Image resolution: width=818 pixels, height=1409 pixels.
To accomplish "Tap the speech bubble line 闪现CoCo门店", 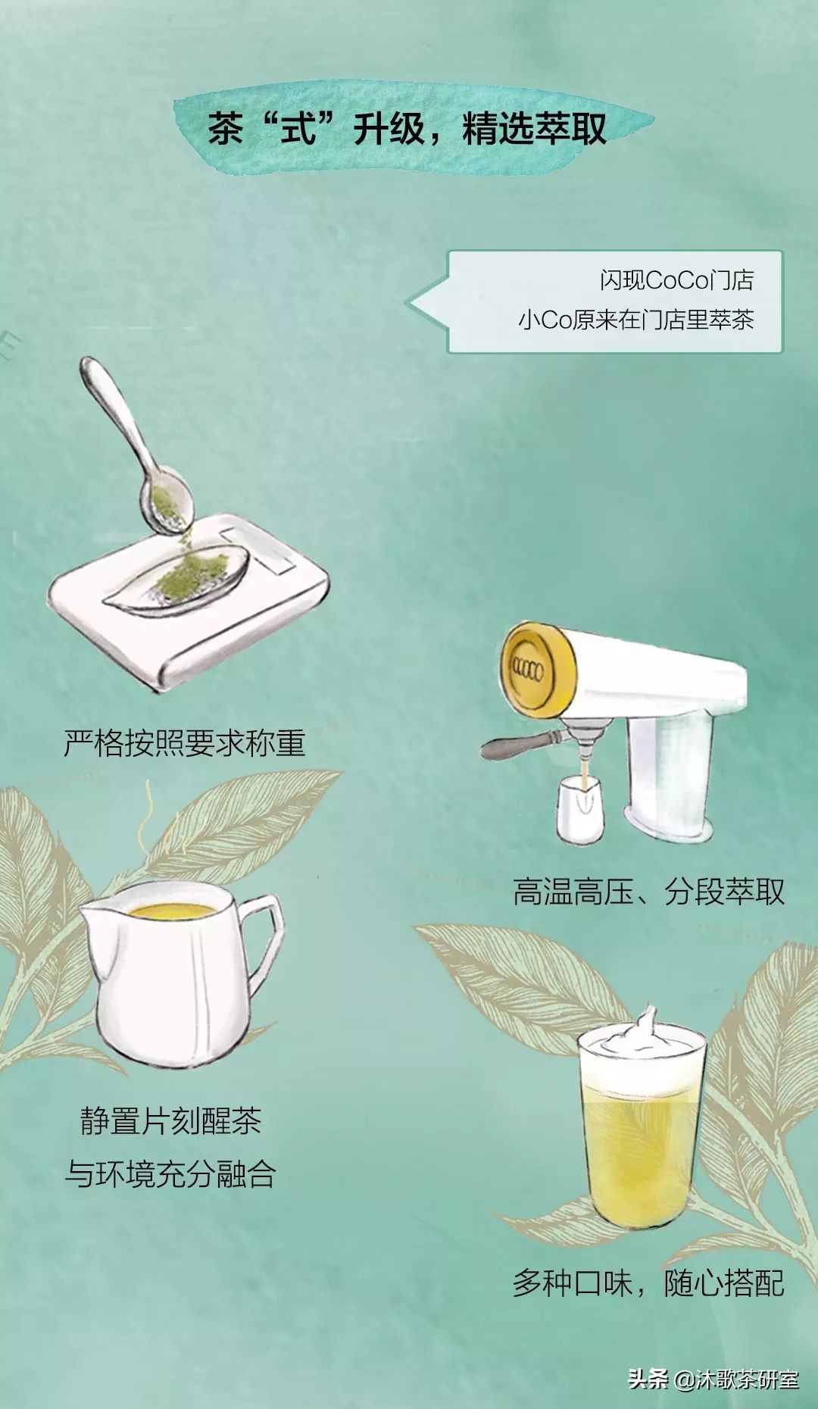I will [676, 280].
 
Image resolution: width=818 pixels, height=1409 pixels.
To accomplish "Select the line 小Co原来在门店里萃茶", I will [635, 320].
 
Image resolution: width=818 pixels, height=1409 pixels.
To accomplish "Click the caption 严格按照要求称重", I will [184, 743].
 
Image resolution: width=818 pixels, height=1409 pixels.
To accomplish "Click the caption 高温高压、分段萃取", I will [648, 892].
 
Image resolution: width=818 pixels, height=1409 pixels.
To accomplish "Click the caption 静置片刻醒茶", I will [171, 1122].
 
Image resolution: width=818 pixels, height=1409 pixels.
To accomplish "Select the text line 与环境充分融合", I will [170, 1174].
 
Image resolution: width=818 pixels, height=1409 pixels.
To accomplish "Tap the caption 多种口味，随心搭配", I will [648, 1282].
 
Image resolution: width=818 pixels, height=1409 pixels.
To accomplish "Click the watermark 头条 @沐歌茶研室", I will [713, 1379].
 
